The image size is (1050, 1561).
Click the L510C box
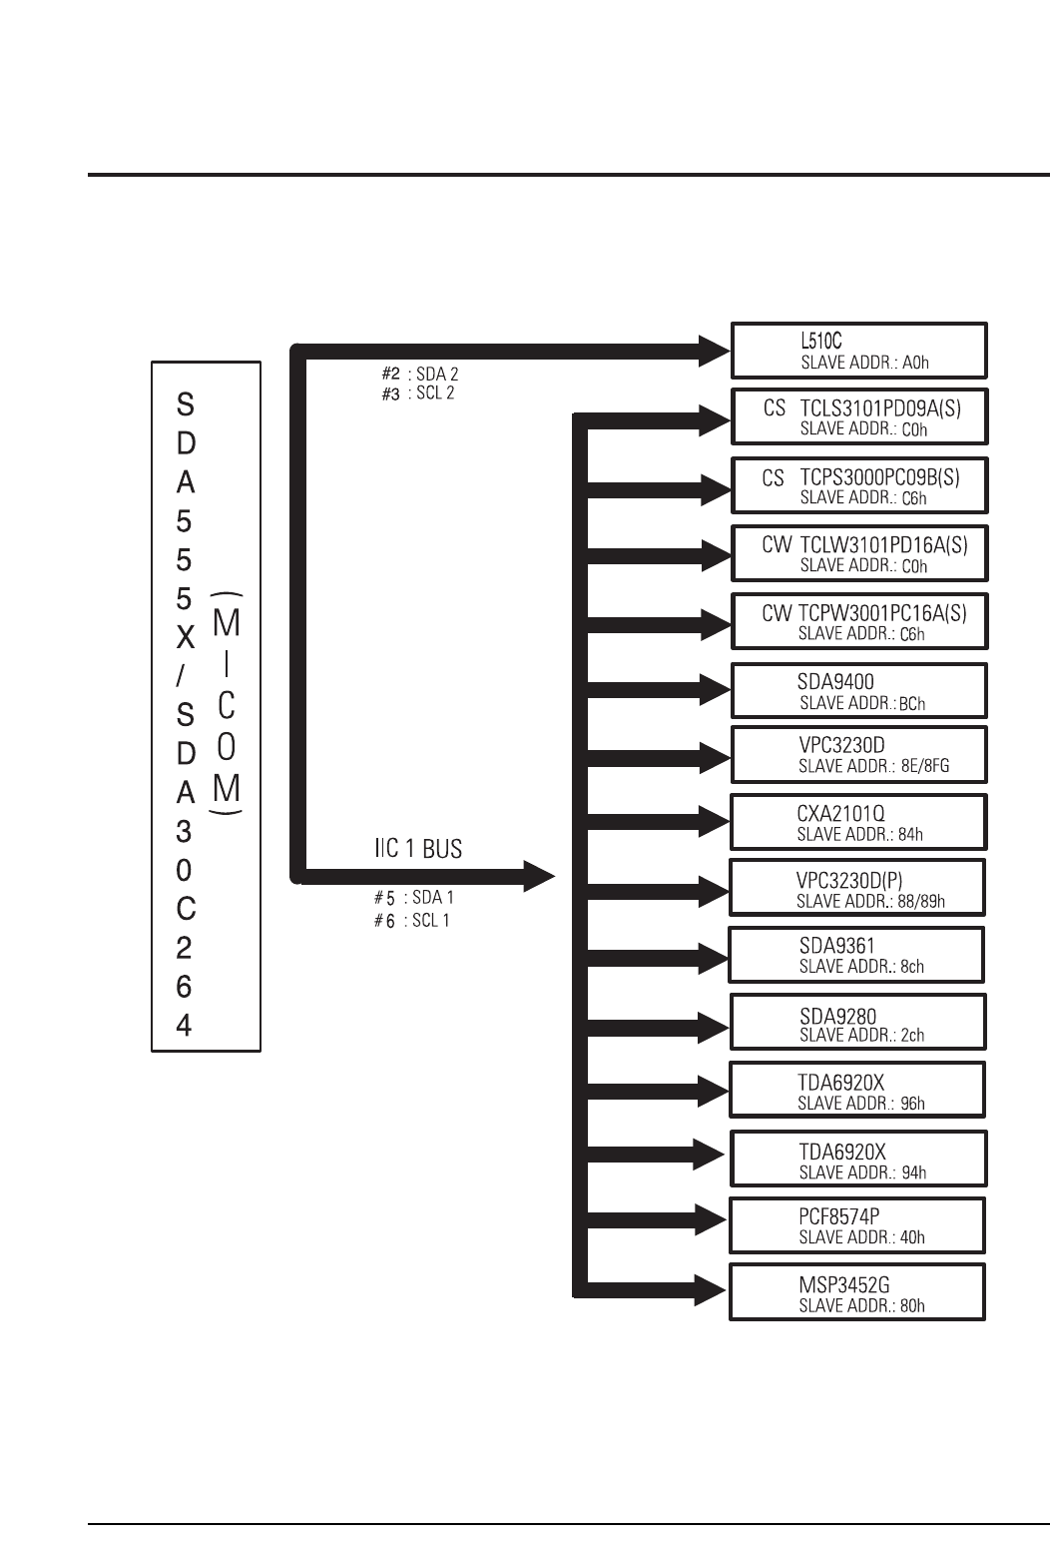coord(858,350)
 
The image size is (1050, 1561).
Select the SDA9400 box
coord(858,690)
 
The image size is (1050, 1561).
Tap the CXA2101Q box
coord(858,822)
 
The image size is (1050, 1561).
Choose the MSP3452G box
coord(857,1292)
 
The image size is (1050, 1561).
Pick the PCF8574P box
coord(857,1224)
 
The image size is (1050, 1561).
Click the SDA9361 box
coord(856,955)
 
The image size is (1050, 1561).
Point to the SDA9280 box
coord(857,1022)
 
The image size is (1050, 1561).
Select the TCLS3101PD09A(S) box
coord(858,416)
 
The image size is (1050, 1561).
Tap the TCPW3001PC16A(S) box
coord(858,621)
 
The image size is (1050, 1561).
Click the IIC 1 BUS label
coord(418,849)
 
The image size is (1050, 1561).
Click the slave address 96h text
coord(860,1104)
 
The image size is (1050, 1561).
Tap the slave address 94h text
coord(861,1172)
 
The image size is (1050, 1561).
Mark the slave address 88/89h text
coord(870,901)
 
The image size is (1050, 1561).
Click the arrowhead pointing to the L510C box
coord(715,351)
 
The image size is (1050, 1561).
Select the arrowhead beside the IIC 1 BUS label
coord(539,876)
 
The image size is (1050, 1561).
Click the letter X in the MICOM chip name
coord(185,637)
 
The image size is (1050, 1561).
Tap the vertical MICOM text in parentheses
coord(227,705)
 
